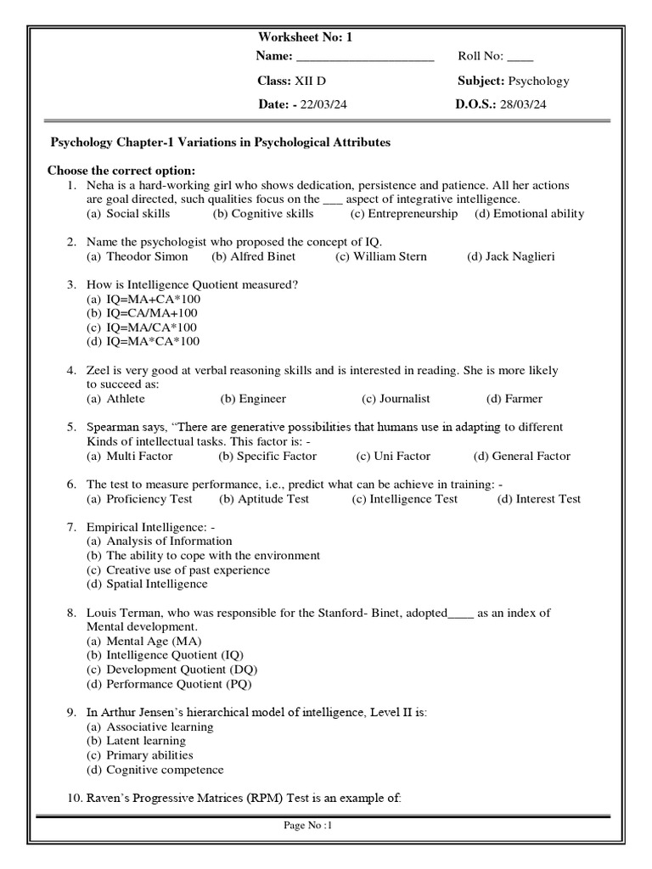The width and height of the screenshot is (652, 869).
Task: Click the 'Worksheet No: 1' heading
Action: (303, 37)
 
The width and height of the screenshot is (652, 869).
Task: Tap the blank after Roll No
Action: (520, 58)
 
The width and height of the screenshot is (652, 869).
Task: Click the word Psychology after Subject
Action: (538, 81)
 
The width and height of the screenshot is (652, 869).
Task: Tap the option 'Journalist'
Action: (404, 399)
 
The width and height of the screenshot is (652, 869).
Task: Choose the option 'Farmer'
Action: (524, 399)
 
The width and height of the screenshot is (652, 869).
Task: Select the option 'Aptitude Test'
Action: (273, 499)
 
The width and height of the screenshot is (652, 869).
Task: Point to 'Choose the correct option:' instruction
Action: (121, 171)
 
